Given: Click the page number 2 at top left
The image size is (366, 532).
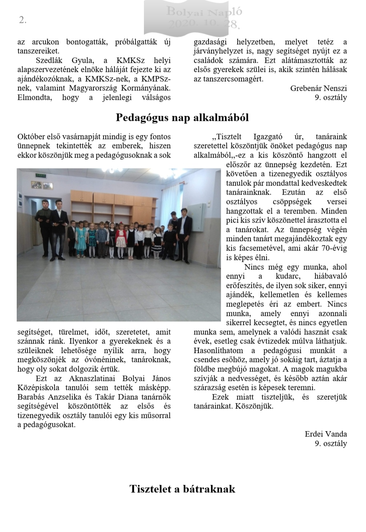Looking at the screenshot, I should coord(23,20).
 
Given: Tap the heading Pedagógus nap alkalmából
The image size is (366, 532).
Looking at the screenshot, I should coord(182,118).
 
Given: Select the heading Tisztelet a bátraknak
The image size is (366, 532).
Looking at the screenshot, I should coord(182,489).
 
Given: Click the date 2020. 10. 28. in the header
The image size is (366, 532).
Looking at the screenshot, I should coord(204,24).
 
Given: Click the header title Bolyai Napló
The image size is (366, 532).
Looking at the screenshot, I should coord(204,12).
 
